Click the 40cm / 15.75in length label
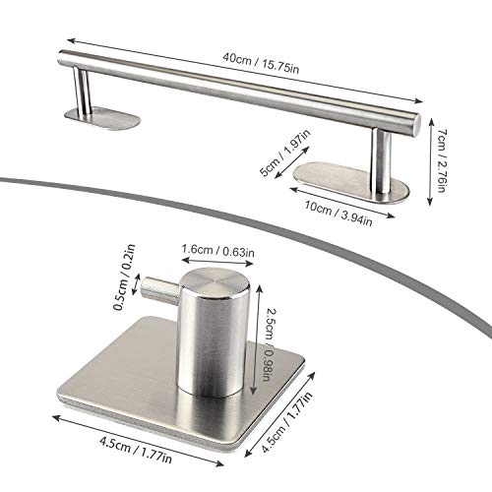tap(261, 63)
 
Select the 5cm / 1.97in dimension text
tap(284, 152)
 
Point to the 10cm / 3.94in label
tap(338, 214)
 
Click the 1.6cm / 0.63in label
tap(218, 251)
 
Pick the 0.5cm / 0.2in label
tap(124, 277)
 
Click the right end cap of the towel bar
tap(415, 125)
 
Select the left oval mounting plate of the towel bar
tap(102, 118)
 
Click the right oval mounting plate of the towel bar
tap(351, 182)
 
